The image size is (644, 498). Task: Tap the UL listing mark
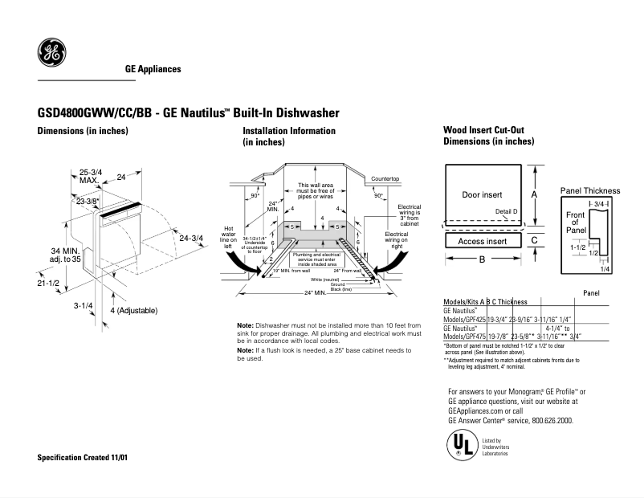[x=459, y=446]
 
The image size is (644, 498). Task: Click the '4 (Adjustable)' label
[x=133, y=310]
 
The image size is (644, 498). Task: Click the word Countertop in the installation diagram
[x=385, y=178]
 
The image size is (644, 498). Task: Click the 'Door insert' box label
[x=482, y=195]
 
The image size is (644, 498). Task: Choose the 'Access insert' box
[x=482, y=241]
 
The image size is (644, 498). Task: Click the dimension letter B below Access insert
[x=482, y=259]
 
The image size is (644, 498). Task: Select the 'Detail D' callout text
[x=506, y=211]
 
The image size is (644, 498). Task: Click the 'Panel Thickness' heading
[x=589, y=190]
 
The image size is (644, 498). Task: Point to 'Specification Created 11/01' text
[x=83, y=457]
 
